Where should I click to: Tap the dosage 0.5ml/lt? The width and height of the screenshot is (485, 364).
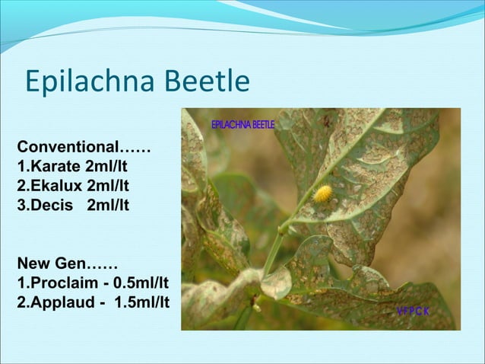[x=138, y=284]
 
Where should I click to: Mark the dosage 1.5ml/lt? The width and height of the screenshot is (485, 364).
[x=141, y=304]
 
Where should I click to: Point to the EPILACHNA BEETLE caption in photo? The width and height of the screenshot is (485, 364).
[x=242, y=124]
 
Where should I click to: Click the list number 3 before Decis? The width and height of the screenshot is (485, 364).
[x=21, y=206]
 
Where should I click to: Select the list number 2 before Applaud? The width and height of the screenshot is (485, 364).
[x=21, y=304]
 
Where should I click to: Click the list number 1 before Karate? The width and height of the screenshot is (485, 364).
[x=21, y=166]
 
